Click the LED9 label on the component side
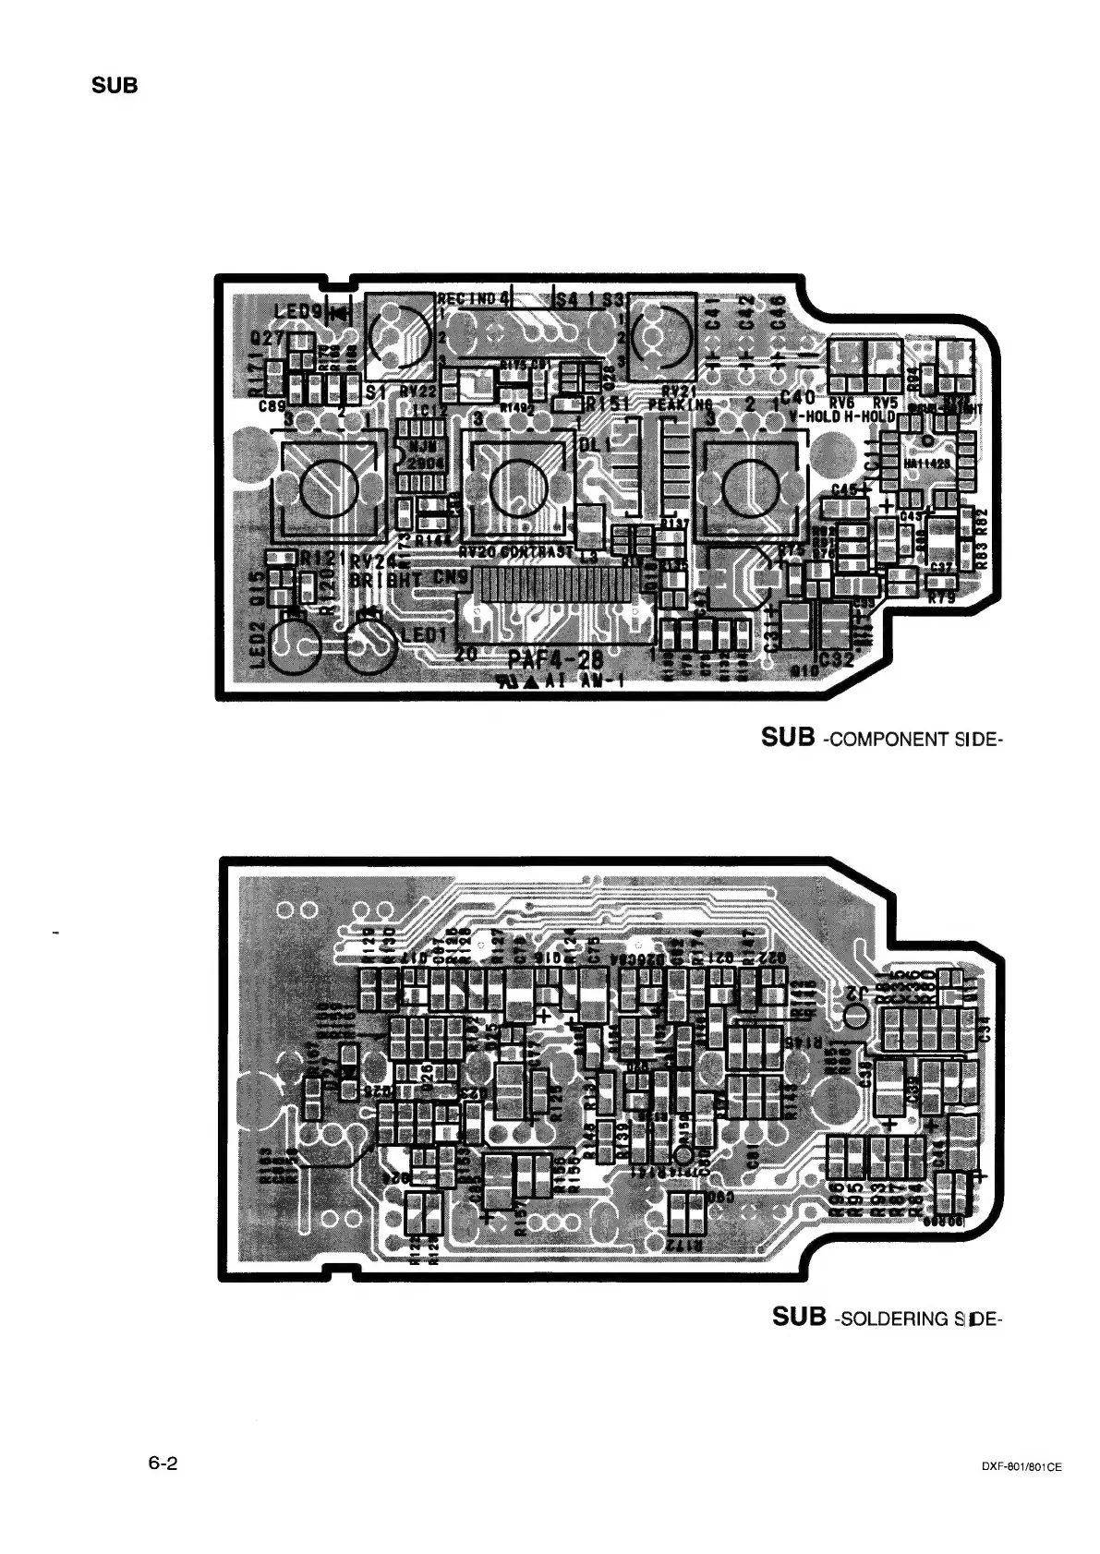pos(297,312)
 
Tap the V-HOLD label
pos(814,416)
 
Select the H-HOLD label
pos(870,416)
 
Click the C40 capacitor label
pos(797,398)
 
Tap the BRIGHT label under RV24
pos(385,580)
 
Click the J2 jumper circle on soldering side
pos(855,1016)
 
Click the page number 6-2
pos(162,1464)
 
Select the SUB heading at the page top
pos(115,87)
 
